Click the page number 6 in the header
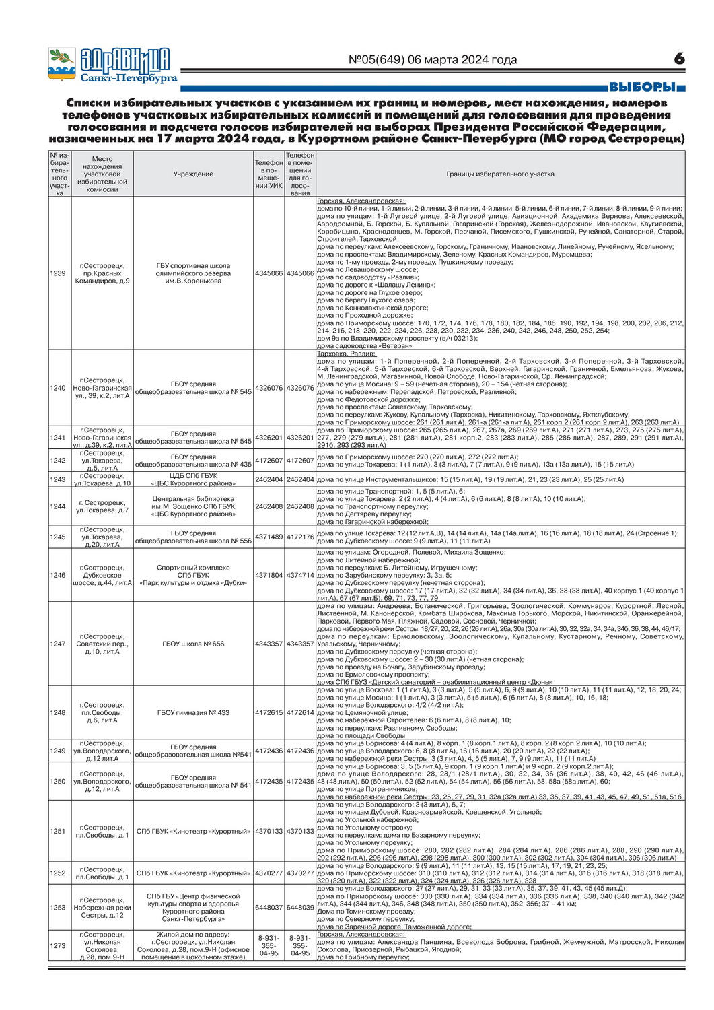pos(679,59)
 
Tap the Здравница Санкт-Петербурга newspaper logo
pos(111,65)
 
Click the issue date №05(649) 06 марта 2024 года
pos(433,60)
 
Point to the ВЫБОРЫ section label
pos(642,87)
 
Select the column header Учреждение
pos(193,174)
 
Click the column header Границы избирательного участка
pos(500,174)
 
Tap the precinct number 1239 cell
pos(59,273)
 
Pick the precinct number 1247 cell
pos(59,644)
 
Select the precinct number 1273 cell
pos(59,945)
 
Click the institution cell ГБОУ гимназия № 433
pos(193,712)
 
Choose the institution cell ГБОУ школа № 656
pos(193,644)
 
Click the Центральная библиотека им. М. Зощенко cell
pos(193,506)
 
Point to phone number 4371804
pos(269,576)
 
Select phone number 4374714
pos(300,576)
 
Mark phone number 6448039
pos(300,908)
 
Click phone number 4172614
pos(300,712)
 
